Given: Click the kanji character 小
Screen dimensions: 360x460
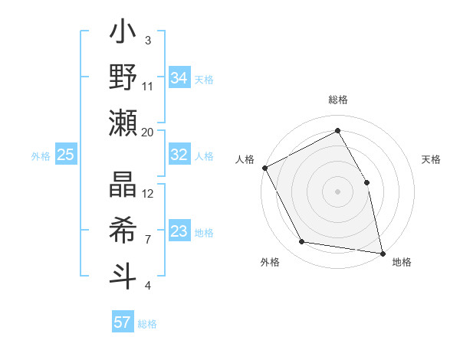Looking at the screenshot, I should tap(123, 35).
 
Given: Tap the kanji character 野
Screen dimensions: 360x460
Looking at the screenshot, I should tap(123, 78).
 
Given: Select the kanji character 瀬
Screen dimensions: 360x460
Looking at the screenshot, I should tap(123, 123).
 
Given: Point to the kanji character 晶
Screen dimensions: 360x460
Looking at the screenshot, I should tap(123, 186).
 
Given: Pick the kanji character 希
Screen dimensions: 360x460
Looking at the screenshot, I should tap(123, 230).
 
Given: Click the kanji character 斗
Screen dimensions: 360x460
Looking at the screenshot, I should tap(123, 274).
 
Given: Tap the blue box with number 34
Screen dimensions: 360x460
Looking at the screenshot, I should tap(179, 78).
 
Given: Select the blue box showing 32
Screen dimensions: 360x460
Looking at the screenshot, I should tap(179, 155).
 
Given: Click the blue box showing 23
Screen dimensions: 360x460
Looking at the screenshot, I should tap(179, 231).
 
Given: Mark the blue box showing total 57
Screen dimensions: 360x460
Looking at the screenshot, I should tap(123, 322).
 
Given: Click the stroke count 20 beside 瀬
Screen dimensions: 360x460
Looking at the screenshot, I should tap(148, 133).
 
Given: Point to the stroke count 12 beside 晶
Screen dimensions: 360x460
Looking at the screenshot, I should tap(148, 194).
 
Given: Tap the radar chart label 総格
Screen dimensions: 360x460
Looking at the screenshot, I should tap(338, 100).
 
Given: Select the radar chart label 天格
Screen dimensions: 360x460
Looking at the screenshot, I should tap(431, 160).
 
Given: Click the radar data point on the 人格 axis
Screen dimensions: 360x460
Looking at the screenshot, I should tap(264, 168).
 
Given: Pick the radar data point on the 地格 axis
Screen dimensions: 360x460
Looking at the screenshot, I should tap(382, 253).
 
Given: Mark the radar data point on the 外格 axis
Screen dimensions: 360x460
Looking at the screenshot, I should tap(302, 242).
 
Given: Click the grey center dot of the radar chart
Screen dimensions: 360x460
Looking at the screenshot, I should tap(337, 191).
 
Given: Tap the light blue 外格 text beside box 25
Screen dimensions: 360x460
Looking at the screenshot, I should tap(41, 156).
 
